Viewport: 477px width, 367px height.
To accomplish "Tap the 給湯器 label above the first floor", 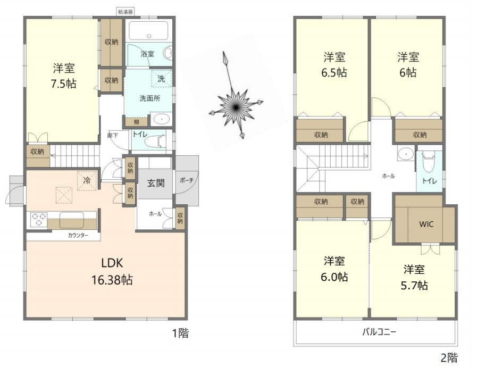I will [125, 10].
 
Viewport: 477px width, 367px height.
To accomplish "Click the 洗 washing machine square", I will [161, 78].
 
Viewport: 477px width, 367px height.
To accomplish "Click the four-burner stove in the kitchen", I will [39, 219].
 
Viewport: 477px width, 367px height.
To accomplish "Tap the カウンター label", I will [78, 235].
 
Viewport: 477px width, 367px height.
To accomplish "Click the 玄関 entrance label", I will [155, 183].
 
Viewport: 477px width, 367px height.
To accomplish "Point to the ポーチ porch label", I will [187, 180].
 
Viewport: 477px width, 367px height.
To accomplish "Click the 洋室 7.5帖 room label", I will [63, 76].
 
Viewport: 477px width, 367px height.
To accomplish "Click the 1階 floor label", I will [180, 333].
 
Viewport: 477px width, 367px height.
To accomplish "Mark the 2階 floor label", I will [448, 357].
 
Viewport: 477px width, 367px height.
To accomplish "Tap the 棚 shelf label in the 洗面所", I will [136, 122].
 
